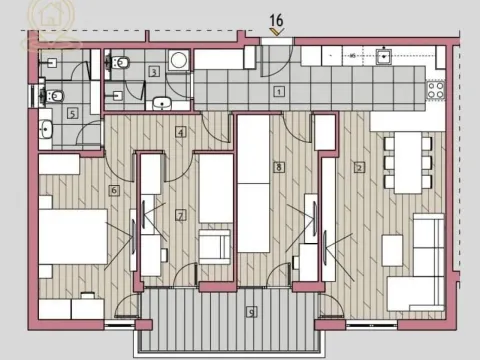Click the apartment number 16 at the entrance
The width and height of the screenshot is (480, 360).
(x=276, y=18)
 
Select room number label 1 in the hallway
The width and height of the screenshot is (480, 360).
(x=279, y=91)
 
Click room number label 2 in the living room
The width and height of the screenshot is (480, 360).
(x=358, y=167)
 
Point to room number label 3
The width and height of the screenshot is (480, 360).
(x=154, y=71)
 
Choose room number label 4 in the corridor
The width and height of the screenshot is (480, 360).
(x=180, y=131)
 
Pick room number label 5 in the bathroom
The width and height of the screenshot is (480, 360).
(x=72, y=113)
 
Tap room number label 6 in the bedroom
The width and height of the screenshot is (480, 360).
(x=115, y=190)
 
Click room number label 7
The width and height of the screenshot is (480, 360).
(x=180, y=214)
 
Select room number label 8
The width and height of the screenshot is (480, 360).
(x=279, y=167)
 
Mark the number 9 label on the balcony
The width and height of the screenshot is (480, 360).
(x=252, y=311)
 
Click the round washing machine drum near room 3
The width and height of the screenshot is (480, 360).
(x=178, y=60)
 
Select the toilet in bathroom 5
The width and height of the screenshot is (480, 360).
(x=57, y=96)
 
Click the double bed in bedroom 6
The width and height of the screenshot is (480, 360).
(x=72, y=238)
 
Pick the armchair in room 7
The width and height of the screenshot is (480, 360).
(x=215, y=246)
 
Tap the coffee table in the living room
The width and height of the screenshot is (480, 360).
(x=392, y=250)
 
